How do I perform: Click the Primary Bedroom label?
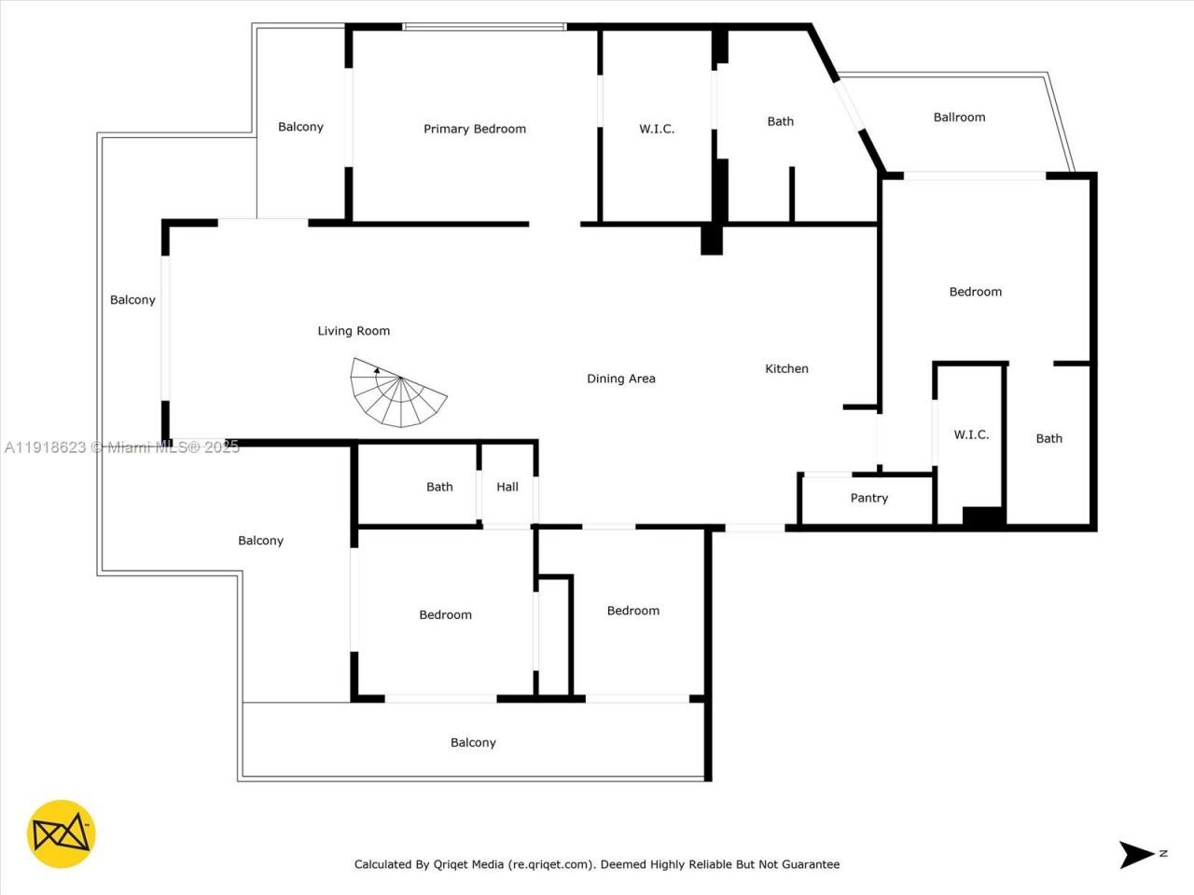(x=475, y=129)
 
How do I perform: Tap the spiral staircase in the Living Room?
(x=398, y=392)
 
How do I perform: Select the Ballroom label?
(x=959, y=117)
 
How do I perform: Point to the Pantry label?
(x=868, y=498)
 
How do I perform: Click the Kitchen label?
(x=786, y=368)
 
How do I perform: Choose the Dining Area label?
(x=620, y=379)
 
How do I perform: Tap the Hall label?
(x=507, y=487)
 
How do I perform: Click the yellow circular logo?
(x=62, y=833)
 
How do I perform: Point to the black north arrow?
(x=1138, y=854)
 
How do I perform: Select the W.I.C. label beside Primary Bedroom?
(x=657, y=129)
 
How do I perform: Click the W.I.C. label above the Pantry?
(x=971, y=434)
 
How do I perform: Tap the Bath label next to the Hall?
(x=439, y=487)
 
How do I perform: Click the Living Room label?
(x=354, y=331)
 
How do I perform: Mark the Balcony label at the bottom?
(x=473, y=743)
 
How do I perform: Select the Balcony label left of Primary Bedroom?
(x=300, y=127)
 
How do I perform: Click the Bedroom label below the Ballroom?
(x=975, y=292)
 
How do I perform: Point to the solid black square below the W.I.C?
(x=983, y=517)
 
